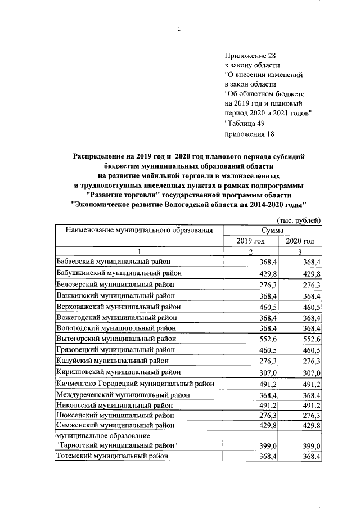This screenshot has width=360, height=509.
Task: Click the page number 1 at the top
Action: click(x=178, y=30)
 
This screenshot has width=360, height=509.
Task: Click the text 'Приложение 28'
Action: click(x=251, y=55)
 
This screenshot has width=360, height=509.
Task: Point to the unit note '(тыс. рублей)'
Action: click(x=299, y=220)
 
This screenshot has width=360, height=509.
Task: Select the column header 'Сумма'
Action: click(x=272, y=230)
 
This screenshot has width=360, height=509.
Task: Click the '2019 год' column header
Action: click(x=251, y=241)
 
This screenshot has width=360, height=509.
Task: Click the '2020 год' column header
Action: click(x=300, y=241)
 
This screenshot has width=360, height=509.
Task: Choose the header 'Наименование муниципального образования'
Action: click(x=139, y=230)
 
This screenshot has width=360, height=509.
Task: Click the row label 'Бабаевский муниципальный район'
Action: click(x=113, y=262)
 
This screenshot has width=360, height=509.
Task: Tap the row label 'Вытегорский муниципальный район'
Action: click(x=115, y=339)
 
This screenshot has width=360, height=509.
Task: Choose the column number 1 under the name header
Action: click(x=139, y=251)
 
